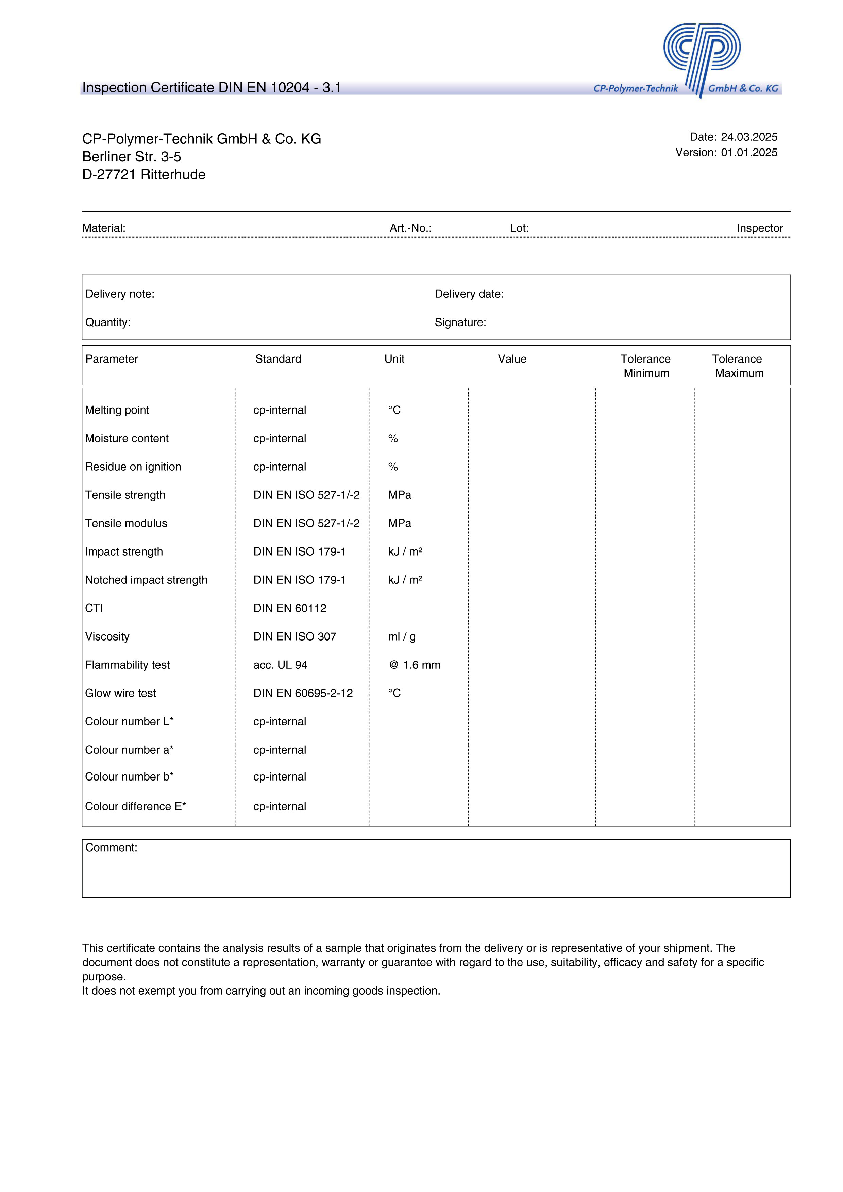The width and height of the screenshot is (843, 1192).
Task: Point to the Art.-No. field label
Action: tap(410, 228)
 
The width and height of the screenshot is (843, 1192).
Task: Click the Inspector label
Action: tap(759, 228)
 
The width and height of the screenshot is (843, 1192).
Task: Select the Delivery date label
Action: tap(469, 294)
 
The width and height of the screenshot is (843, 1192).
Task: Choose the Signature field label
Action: tap(460, 323)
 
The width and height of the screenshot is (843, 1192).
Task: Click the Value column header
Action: tap(512, 359)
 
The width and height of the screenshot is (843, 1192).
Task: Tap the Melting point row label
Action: tap(117, 410)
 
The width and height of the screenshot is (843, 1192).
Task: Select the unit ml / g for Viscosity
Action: tap(402, 637)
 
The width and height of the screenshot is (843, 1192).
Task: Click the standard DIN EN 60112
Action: tap(290, 609)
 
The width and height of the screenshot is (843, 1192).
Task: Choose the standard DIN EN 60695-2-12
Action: tap(303, 694)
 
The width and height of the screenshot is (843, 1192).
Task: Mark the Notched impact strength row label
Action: tap(146, 580)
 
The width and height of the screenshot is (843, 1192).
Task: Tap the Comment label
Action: tap(111, 848)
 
